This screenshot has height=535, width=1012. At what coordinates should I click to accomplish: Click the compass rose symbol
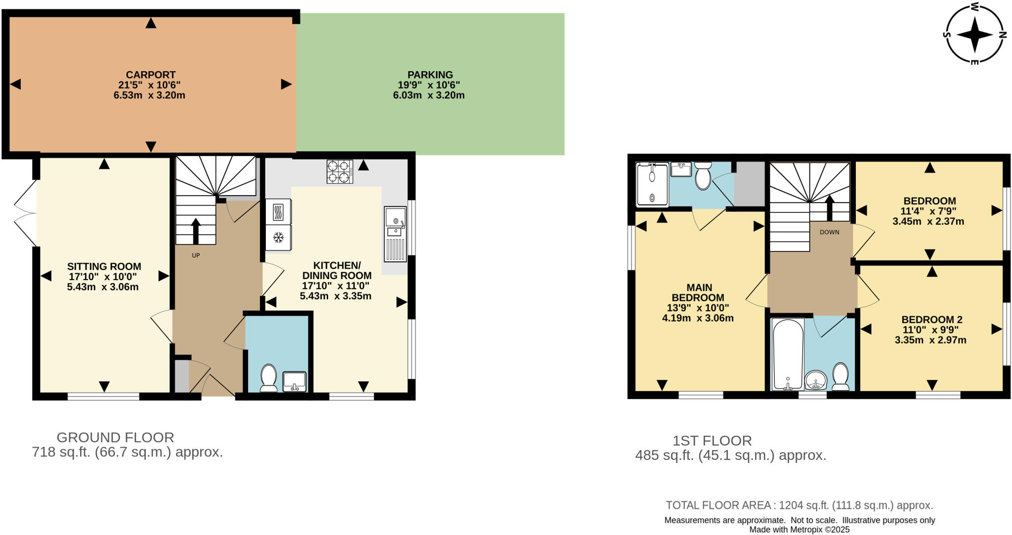pos(974,35)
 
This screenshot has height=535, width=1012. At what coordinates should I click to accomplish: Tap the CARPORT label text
pos(150,75)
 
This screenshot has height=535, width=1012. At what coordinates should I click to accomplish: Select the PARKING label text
pos(430,75)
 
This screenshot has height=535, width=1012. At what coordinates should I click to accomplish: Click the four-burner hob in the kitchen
pos(339,171)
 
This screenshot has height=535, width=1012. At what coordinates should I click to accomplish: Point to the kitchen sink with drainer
pos(395,234)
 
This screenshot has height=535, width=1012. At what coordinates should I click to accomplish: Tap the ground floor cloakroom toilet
pos(269,377)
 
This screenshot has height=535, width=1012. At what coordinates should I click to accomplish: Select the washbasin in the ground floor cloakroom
pos(295,381)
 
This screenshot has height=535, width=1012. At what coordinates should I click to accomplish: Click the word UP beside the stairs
pos(196,255)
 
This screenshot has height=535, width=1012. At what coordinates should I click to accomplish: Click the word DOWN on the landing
pos(829,232)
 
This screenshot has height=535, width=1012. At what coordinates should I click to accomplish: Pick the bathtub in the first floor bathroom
pos(788,354)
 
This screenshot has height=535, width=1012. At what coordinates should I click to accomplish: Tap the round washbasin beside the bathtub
pos(815,380)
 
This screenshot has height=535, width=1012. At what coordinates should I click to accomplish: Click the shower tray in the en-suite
pos(652,184)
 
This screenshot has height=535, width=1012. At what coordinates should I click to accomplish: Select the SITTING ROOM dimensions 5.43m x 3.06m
pos(103,287)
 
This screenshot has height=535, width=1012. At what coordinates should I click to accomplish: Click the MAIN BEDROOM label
pos(699,292)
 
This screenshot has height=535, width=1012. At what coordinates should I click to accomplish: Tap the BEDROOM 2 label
pos(931,320)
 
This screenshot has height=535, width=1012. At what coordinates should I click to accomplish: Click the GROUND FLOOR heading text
pos(115,437)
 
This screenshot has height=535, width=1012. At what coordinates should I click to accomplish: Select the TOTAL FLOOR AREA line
pos(799,505)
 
